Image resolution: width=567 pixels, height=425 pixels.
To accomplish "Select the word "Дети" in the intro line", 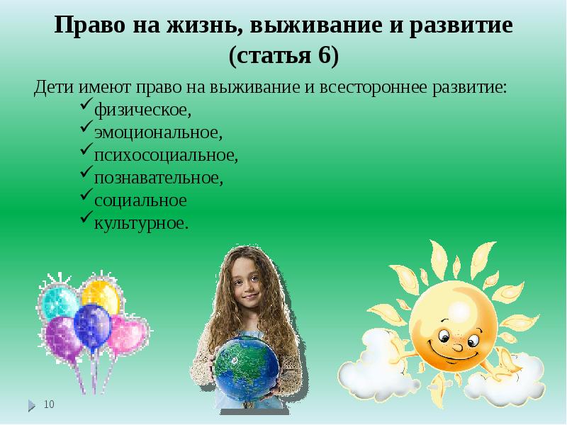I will click(51, 88).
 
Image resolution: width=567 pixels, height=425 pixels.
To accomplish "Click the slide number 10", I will click(49, 404).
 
